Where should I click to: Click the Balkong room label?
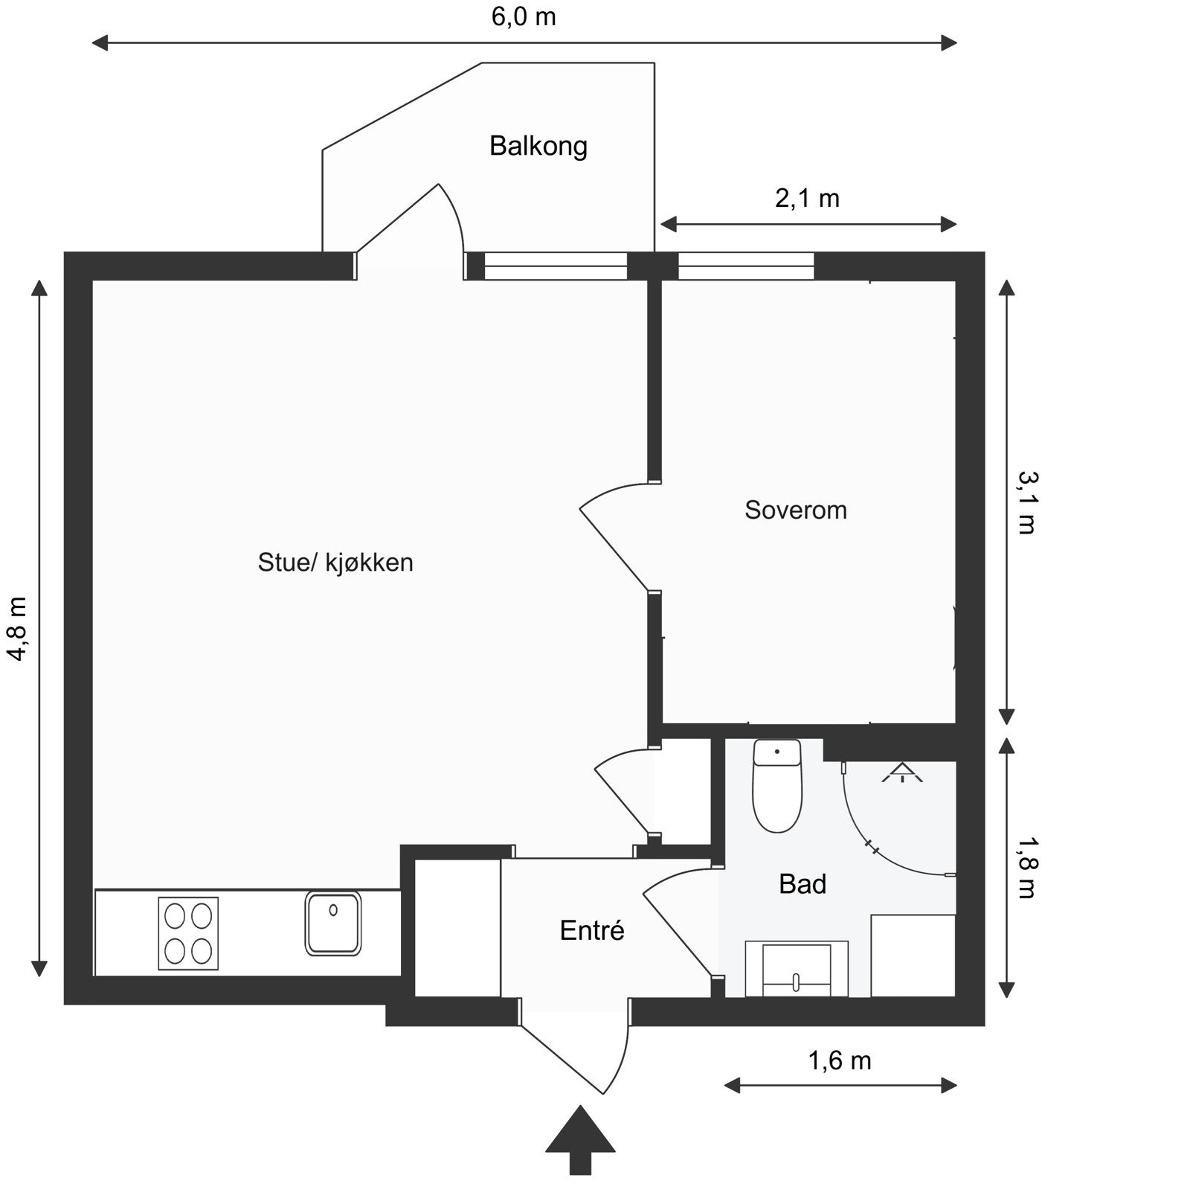(538, 146)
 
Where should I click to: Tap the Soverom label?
(796, 510)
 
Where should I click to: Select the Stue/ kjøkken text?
(335, 562)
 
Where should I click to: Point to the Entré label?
(592, 930)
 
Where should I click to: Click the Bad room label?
(803, 884)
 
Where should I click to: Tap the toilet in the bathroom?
(777, 786)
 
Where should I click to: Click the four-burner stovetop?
(188, 933)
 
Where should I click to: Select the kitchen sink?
(332, 924)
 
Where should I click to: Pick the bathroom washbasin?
(797, 969)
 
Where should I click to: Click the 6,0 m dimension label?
(524, 17)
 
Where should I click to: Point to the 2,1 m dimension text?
(807, 199)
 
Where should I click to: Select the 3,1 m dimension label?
(1026, 503)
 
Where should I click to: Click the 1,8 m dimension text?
(1026, 867)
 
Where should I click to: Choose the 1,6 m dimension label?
(839, 1060)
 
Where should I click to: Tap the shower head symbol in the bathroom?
(902, 773)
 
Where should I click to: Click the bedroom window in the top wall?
(746, 266)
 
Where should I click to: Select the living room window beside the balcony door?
(556, 266)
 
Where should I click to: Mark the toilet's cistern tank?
(777, 752)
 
